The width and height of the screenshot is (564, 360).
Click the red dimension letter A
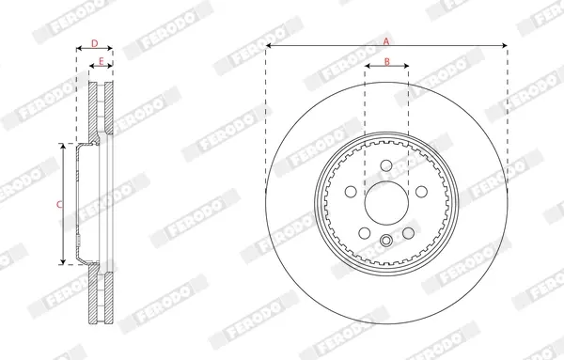coord(386,41)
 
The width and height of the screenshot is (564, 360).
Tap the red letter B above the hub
coord(387,62)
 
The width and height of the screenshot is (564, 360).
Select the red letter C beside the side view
coord(59,205)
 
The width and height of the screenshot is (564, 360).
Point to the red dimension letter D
coord(95,43)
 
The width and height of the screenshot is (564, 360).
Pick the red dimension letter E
coord(102,61)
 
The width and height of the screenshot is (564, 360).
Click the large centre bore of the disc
coord(386,203)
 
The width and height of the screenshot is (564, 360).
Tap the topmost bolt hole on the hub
coord(386,165)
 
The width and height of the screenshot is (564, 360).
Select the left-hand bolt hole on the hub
coord(351,192)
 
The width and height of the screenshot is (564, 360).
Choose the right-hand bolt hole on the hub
coord(421,192)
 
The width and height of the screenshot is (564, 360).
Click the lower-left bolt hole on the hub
coord(365,233)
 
